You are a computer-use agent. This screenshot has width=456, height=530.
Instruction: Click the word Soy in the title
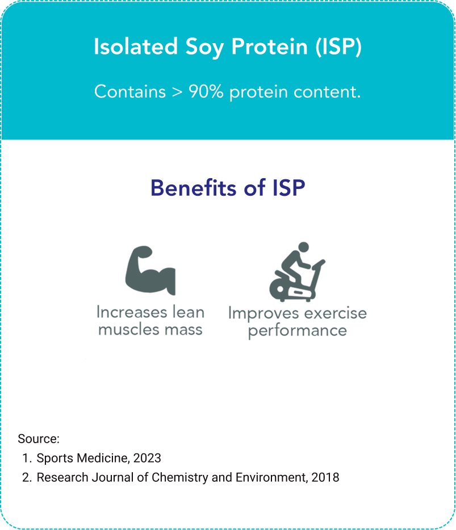pos(204,47)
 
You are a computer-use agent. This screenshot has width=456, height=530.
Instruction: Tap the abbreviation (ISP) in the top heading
pos(338,47)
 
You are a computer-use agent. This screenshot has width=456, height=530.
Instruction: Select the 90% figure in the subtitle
pos(206,91)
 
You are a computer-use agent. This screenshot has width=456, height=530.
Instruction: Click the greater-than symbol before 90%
pos(177,92)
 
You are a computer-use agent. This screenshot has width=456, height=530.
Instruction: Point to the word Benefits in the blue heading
pos(194,188)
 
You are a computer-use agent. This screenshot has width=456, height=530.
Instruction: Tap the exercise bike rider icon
pos(297,272)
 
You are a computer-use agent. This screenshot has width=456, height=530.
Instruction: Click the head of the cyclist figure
pos(303,247)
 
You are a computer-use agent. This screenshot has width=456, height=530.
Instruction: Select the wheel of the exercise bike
pos(280,289)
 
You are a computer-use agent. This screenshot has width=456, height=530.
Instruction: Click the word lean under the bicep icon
pos(189,312)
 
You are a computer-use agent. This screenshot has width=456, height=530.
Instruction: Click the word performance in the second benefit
pos(298,331)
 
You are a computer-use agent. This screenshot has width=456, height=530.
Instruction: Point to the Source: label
pos(39,439)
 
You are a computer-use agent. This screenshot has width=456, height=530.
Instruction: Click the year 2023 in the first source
pos(147,458)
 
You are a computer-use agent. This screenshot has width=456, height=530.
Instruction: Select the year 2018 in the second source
pos(325,477)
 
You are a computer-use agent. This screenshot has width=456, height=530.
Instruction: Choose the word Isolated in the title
pos(136,47)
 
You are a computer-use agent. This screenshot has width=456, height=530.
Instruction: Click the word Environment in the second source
pos(272,478)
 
